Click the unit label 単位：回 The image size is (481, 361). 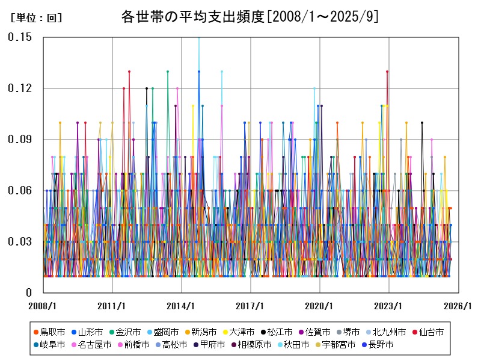pos(36,18)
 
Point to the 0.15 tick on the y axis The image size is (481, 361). pos(20,37)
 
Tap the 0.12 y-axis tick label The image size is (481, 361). pos(20,88)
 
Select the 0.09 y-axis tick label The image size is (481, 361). pos(20,140)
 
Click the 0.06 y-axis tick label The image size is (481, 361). pos(20,191)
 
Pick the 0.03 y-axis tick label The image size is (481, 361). pos(20,242)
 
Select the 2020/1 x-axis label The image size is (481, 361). pos(319,306)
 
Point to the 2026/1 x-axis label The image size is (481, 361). pos(458,306)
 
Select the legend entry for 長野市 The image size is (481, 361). pos(378,345)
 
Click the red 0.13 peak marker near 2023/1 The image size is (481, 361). pos(387,72)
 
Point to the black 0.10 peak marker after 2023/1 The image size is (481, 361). pos(422,123)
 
